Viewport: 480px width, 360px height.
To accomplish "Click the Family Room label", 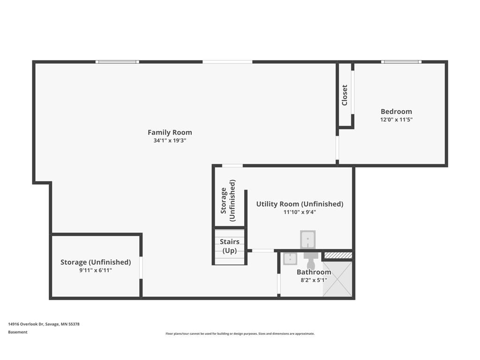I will coord(170,133).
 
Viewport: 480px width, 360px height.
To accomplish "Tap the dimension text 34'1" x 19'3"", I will coord(170,141).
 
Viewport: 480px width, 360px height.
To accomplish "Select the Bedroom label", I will coord(396,112).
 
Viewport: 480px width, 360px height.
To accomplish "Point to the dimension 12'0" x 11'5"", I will coord(396,120).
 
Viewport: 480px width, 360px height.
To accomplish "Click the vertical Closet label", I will coord(345,95).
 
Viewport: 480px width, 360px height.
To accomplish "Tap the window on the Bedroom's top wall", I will coord(401,62).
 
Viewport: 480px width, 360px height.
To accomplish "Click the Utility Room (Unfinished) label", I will coord(300,204).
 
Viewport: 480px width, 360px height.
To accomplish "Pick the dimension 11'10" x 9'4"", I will coord(300,212).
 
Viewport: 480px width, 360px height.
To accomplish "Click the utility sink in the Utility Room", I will coord(307,239).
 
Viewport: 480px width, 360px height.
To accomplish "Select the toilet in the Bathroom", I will coord(311,260).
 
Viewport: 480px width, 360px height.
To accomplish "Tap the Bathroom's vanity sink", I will coord(290,258).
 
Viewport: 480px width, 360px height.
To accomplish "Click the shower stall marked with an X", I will coord(337,279).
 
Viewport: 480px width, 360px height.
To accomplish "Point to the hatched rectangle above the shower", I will coord(338,255).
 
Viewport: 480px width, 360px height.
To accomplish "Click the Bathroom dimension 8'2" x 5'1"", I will coord(314,280).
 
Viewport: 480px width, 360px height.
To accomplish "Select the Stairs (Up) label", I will coord(230,246).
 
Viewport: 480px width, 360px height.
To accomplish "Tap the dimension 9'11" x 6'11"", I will coord(96,270).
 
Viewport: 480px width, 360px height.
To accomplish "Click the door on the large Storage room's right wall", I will coord(141,268).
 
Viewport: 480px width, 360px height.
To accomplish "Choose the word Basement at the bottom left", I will coord(18,332).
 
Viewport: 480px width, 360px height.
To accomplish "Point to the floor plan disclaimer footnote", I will coord(240,334).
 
